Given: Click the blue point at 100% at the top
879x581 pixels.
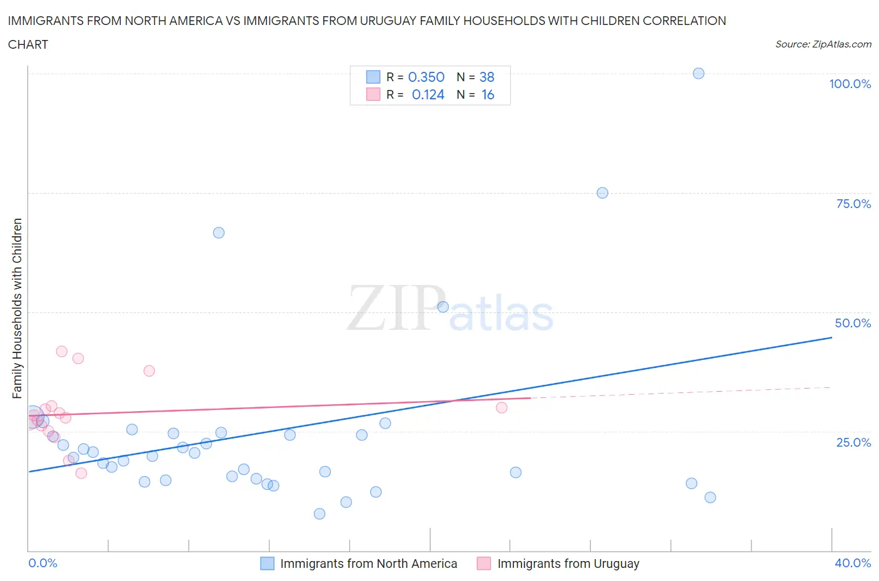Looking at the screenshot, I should point(698,73).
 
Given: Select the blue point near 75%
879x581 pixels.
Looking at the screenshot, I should point(602,192).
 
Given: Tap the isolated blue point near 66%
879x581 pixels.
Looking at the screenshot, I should point(218,232).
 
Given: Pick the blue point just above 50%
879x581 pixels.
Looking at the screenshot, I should point(443,307).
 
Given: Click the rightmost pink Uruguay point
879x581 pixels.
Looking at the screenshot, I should point(501,407).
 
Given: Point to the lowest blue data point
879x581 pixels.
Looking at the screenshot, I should point(319,514).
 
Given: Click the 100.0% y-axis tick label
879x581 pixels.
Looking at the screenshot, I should point(850,84).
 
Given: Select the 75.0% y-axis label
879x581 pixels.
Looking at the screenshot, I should point(853,204).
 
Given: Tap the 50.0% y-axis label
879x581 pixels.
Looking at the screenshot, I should point(853,323).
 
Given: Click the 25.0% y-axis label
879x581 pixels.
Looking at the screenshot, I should point(853,442).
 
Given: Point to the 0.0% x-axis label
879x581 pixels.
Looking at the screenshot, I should point(43,563).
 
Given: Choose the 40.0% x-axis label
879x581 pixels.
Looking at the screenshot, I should point(853,563).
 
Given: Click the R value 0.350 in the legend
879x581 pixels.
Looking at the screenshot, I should point(426,77).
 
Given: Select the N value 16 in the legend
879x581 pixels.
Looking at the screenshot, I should point(488,94).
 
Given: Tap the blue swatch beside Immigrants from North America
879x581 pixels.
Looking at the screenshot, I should point(267,564).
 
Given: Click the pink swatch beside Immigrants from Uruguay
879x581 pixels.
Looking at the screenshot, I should point(484,564).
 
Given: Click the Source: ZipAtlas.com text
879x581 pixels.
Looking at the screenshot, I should point(823,44).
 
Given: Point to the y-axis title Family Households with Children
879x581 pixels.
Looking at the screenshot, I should point(17,308).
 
